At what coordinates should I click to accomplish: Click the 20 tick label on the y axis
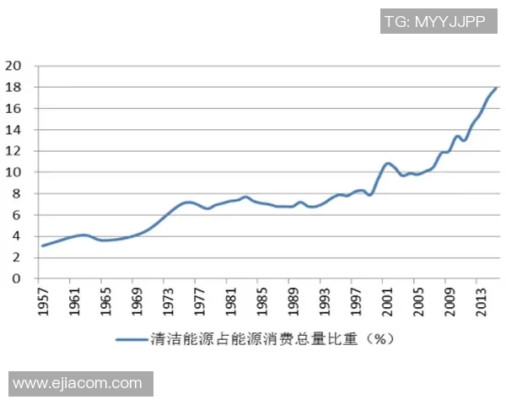13,66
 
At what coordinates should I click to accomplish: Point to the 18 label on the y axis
13,87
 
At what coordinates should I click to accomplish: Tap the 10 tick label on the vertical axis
13,172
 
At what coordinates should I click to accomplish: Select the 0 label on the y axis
16,278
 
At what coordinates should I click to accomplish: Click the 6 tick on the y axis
16,214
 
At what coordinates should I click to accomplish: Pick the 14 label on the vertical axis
13,130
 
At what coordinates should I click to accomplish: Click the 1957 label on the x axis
42,300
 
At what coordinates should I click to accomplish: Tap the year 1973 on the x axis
168,300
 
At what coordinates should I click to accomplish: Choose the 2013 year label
476,300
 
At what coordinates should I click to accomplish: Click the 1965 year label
103,300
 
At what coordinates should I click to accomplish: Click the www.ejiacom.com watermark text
78,383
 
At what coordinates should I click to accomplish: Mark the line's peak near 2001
387,163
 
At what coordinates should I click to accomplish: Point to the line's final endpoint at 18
497,88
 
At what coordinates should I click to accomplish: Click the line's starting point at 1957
41,246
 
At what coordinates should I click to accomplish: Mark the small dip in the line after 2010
463,140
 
